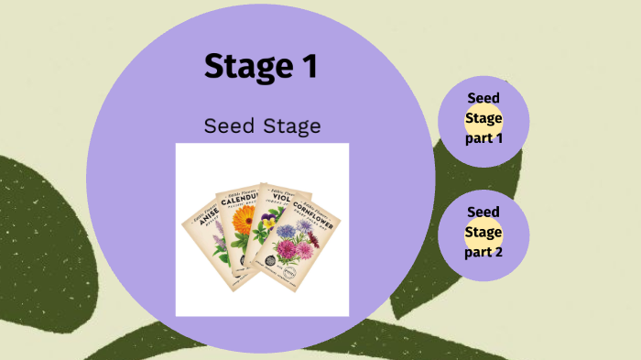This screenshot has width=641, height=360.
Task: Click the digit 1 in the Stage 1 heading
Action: click(308, 66)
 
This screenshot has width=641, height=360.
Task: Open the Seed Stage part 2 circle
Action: click(483, 233)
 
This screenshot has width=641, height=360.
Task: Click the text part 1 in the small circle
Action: click(483, 138)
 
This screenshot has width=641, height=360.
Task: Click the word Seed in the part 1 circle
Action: click(483, 98)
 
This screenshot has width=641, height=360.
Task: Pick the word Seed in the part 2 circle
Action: click(483, 212)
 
